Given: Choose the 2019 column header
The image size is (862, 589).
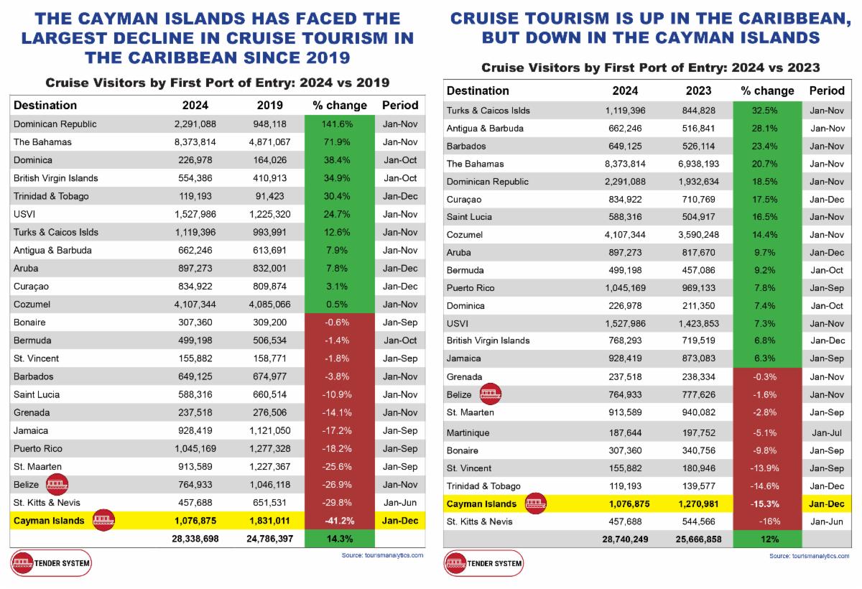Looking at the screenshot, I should (x=269, y=105).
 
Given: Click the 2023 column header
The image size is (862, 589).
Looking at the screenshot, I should (x=698, y=91).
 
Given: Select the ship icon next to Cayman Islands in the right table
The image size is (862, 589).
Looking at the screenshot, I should (x=536, y=504).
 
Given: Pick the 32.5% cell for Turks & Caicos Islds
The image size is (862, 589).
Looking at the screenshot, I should (x=767, y=111).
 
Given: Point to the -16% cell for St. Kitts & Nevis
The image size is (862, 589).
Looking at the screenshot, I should (x=767, y=521).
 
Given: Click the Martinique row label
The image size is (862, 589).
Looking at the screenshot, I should (x=468, y=433).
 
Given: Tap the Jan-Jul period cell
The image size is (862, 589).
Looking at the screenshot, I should (x=827, y=433).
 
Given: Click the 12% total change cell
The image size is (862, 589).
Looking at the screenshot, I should (x=767, y=539).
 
